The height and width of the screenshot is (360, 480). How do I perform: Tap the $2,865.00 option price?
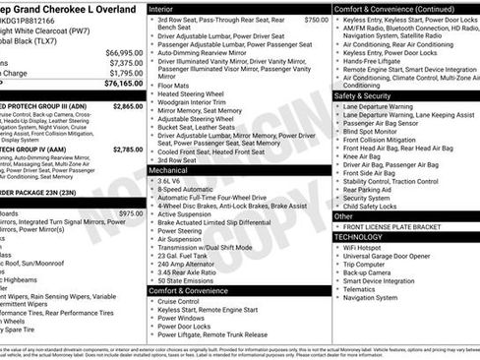[128, 104]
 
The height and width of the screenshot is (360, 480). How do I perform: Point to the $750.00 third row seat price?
[316, 19]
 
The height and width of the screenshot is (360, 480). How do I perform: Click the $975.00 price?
[130, 212]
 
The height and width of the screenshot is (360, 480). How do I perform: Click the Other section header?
[345, 215]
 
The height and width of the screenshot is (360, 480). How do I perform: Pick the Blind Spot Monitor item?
[376, 131]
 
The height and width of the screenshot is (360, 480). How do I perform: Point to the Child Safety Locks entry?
[379, 206]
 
